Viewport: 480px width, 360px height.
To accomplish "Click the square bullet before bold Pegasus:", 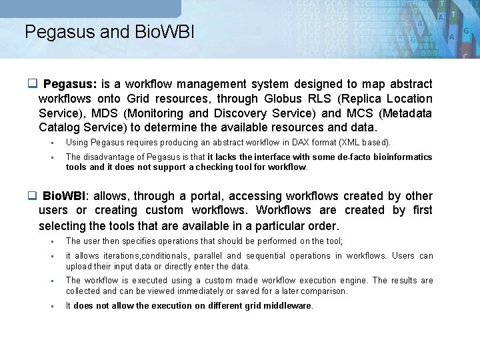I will pyautogui.click(x=32, y=84).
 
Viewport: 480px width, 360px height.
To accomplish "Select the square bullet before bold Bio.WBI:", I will pyautogui.click(x=32, y=196).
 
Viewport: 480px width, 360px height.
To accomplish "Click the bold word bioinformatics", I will pyautogui.click(x=401, y=157).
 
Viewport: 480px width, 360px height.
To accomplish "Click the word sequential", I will pyautogui.click(x=269, y=256).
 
